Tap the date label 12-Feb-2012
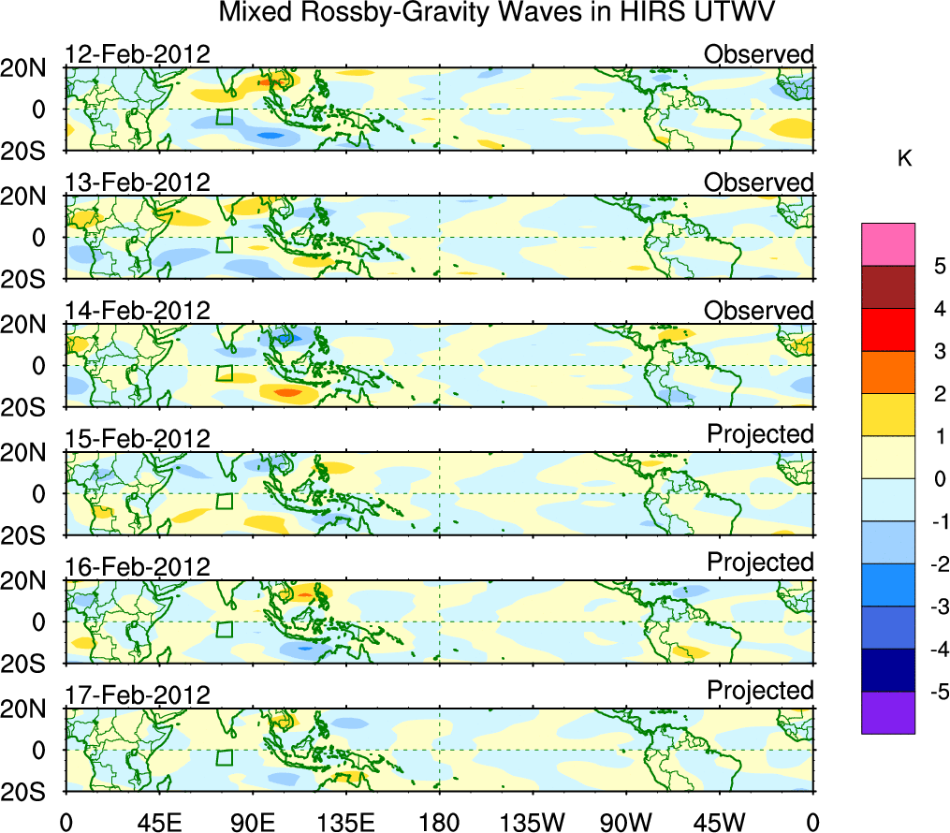(138, 53)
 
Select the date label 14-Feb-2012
(138, 310)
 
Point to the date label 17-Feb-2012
(138, 694)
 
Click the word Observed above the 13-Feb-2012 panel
(759, 182)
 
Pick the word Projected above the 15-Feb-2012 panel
(760, 434)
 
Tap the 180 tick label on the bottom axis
(439, 821)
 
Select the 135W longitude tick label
(533, 821)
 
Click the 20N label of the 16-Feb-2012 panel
(31, 581)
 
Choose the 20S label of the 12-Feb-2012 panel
(31, 151)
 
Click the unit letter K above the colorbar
(904, 158)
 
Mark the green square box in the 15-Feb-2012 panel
(224, 501)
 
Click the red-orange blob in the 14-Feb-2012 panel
(287, 392)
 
